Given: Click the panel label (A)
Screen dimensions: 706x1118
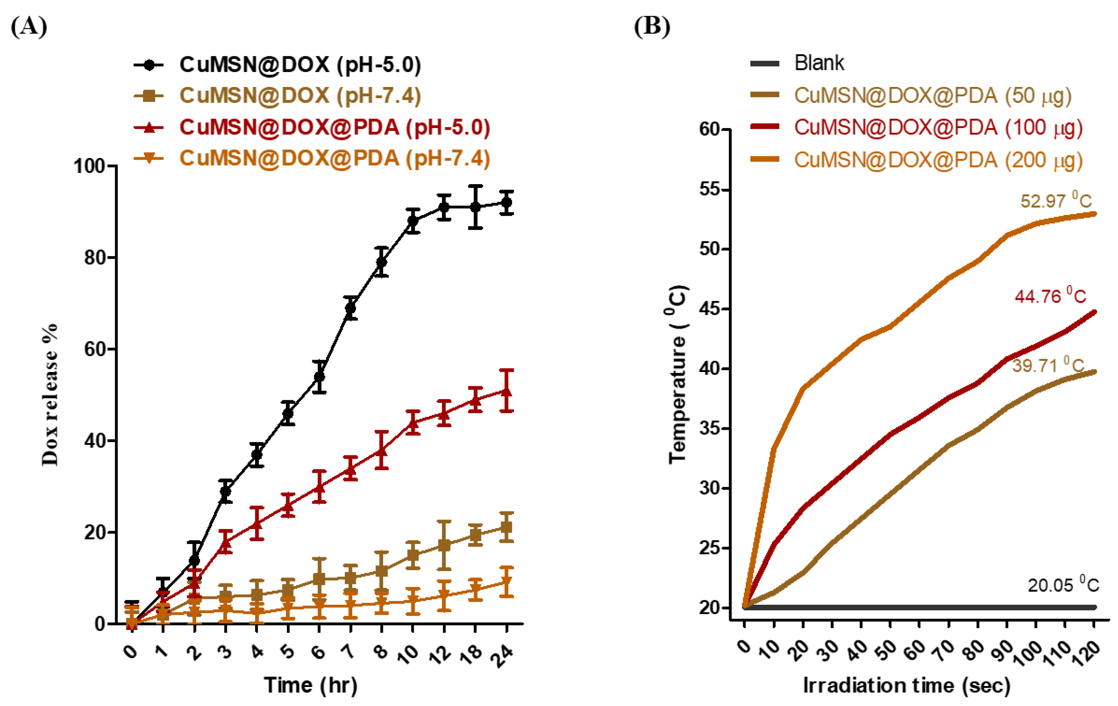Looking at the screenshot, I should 29,27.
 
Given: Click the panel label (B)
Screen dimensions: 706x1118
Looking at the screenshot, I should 652,27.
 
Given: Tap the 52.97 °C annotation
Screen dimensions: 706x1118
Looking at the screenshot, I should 1056,201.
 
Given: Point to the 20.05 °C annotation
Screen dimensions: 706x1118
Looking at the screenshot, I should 1063,584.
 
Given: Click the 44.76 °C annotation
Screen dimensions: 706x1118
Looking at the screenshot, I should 1050,296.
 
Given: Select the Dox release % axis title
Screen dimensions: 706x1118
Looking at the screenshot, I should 50,395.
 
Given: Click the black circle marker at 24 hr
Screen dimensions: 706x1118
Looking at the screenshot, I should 507,202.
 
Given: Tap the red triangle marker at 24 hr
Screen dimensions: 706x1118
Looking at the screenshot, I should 507,391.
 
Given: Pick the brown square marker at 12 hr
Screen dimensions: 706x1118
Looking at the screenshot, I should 444,545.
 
